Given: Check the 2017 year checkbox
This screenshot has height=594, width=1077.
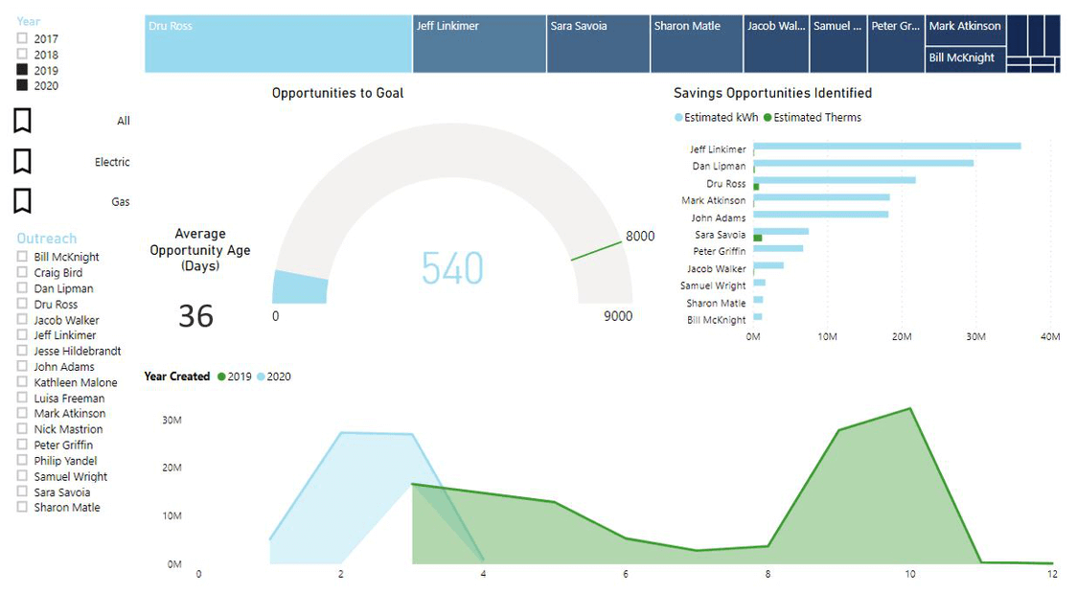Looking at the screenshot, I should click(22, 39).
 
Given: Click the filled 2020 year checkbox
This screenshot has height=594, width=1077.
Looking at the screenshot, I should click(22, 85).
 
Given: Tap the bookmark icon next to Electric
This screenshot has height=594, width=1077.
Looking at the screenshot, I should click(22, 161).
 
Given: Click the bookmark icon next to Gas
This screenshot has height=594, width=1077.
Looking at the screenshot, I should click(22, 201).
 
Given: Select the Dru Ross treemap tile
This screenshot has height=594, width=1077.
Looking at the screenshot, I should click(278, 44).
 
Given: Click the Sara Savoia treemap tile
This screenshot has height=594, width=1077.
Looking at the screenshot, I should click(598, 44).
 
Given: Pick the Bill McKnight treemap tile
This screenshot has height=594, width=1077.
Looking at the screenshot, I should click(965, 58).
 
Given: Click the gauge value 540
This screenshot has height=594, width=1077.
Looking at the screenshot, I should click(452, 268).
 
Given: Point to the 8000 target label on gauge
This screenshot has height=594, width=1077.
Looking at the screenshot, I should click(640, 237).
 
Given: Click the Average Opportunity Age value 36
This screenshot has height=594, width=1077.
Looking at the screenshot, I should click(195, 315).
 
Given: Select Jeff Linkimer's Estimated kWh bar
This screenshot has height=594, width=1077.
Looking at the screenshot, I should click(886, 147).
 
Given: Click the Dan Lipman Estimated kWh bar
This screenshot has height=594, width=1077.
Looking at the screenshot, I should click(863, 164).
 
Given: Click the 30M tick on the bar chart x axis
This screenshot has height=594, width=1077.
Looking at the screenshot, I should click(975, 336).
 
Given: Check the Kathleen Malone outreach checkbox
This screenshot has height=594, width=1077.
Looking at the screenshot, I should click(22, 382).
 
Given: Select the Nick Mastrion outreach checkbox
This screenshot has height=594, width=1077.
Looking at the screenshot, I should click(22, 429).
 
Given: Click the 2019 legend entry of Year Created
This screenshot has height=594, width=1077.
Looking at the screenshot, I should click(234, 377).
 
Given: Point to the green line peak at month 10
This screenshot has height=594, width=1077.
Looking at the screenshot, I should click(909, 409).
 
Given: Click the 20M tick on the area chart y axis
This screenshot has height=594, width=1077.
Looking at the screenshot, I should click(173, 468).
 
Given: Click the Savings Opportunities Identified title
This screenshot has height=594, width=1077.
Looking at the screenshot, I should click(772, 93).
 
